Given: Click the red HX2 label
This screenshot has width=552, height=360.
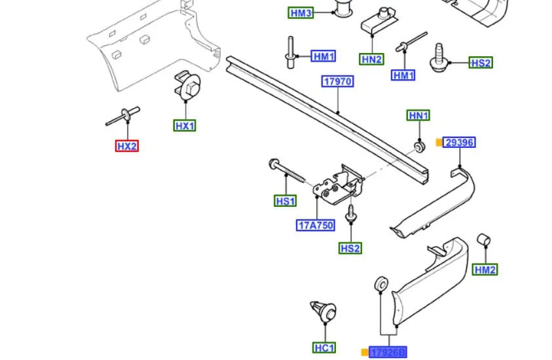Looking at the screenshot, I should (x=127, y=146).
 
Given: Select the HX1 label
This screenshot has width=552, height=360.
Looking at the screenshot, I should (x=185, y=125).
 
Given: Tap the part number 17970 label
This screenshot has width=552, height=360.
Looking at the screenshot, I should (x=338, y=82).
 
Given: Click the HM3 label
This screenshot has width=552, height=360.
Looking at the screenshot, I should (x=301, y=12).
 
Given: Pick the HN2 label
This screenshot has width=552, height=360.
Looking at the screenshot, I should (x=371, y=60).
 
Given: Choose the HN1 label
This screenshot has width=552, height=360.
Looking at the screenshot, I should (x=418, y=116).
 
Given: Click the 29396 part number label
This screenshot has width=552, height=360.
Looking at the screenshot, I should (x=460, y=142).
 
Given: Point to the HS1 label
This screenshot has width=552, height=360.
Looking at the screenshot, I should (x=285, y=201).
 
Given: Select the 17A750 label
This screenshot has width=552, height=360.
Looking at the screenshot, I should (x=316, y=226).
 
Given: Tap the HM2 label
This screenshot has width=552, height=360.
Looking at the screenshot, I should (x=485, y=269).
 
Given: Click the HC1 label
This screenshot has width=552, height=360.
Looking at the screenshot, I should (x=324, y=348).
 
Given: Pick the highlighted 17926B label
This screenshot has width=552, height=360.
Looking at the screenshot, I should (x=388, y=352).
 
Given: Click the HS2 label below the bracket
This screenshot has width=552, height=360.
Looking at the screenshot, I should (x=350, y=248).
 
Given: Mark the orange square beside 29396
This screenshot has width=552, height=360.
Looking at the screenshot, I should (x=439, y=142).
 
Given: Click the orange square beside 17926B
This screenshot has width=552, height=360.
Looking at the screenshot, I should (x=365, y=352).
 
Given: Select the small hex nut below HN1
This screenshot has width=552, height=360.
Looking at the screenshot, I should (x=419, y=145).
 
